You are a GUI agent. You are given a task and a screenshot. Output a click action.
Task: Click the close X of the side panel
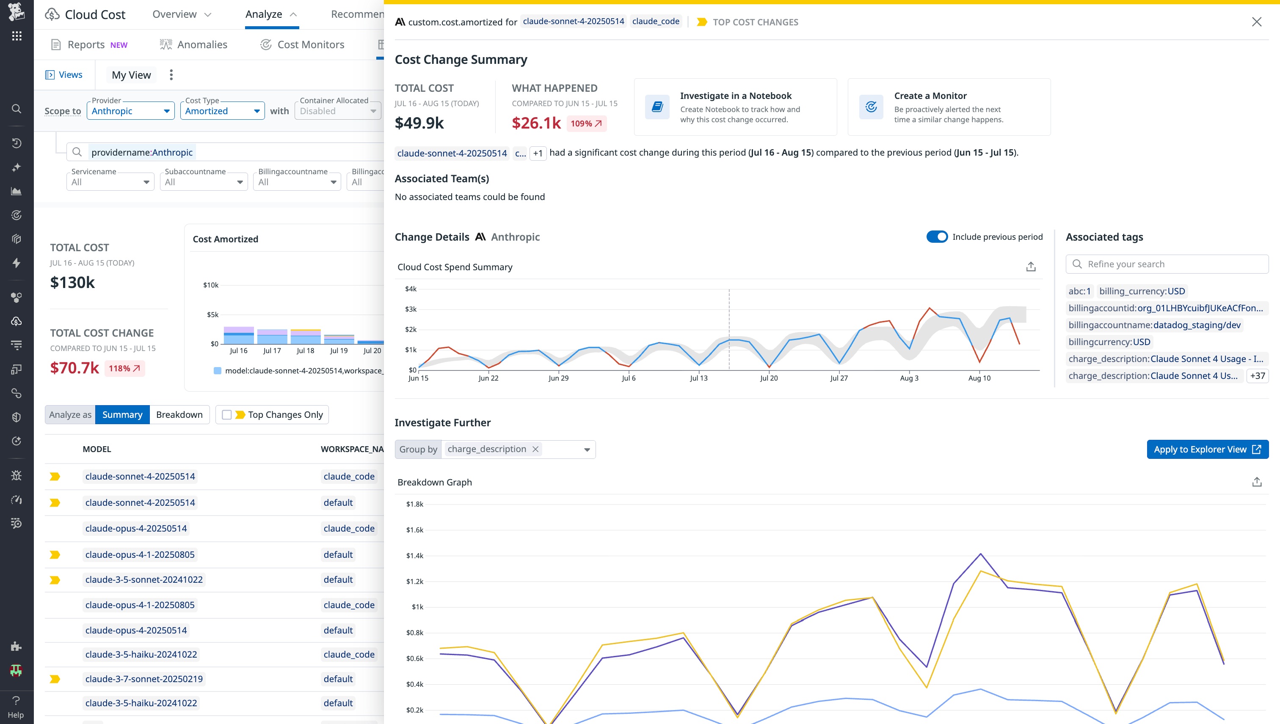1256,22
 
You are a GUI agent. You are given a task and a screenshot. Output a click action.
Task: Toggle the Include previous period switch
937,237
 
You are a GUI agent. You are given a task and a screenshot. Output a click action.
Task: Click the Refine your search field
1167,264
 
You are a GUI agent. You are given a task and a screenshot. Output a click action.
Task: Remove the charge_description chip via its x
535,449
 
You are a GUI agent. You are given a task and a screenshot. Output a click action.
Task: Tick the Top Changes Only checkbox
227,415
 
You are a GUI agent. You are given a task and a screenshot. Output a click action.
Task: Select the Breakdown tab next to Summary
179,415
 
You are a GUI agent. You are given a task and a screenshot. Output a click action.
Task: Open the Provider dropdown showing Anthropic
130,111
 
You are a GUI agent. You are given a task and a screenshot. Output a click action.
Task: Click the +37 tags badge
1257,376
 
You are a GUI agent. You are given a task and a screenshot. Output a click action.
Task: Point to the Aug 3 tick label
909,378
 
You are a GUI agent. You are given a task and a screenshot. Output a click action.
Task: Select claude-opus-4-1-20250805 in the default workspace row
140,554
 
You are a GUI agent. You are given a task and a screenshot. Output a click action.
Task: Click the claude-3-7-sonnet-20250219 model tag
144,679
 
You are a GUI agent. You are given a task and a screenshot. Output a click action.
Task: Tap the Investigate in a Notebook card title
736,96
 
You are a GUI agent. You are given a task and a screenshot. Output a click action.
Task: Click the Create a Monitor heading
930,96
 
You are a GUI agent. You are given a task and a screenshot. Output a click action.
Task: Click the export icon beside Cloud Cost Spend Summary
1031,267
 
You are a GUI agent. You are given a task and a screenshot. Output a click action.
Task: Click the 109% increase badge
586,123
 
